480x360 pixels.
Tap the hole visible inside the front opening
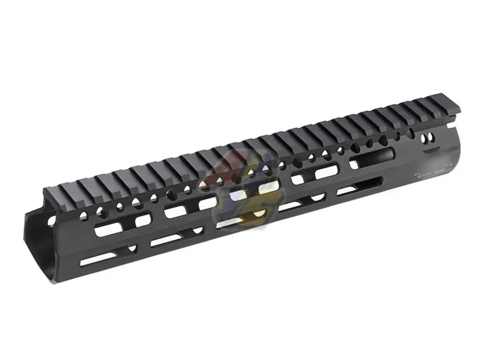point(51,218)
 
